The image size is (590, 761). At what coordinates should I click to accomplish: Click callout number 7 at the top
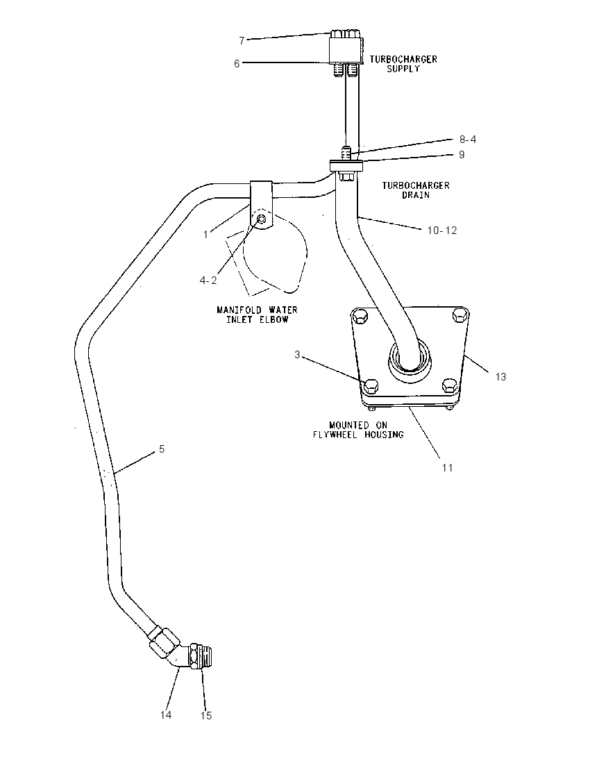242,41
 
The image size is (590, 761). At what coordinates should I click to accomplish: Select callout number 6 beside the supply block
237,64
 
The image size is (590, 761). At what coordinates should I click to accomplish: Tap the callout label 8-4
468,140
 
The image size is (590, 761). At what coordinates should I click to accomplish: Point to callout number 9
462,154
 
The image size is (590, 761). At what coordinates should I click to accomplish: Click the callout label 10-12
442,230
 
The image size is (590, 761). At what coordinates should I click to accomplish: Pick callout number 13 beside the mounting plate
500,376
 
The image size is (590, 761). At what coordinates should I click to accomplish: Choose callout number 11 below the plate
447,467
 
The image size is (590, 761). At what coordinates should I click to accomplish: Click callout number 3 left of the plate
297,355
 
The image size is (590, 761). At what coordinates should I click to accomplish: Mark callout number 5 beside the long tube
162,449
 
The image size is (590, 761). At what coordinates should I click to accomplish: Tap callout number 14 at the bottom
166,715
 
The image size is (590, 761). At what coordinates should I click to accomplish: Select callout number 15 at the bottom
206,715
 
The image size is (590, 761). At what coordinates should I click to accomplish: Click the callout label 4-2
208,281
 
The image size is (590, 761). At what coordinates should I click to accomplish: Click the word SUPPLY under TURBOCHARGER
403,69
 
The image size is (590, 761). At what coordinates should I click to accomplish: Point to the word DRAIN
416,195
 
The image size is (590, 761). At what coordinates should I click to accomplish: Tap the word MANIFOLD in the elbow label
239,310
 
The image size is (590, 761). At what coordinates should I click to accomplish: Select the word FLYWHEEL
335,435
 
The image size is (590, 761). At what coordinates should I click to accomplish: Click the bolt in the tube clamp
261,219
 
